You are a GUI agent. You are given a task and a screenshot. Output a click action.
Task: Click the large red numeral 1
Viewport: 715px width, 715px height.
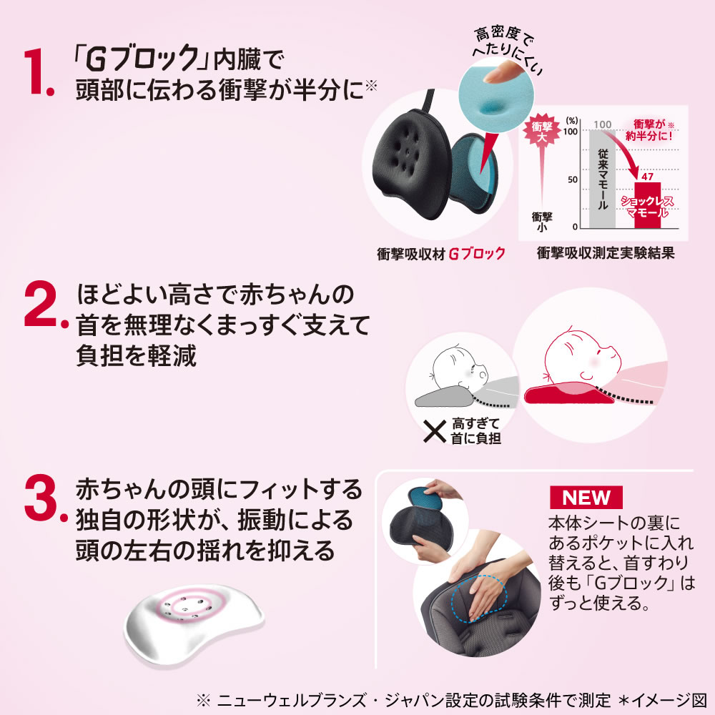(x=36, y=72)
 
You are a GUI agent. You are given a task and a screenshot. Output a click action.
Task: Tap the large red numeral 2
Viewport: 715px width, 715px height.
(x=42, y=304)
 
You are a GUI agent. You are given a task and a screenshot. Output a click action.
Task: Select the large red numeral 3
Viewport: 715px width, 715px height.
(x=42, y=498)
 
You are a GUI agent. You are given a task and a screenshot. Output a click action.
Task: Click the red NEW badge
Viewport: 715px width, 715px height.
(x=586, y=498)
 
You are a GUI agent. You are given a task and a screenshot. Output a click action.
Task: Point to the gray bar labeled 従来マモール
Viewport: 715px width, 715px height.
(x=602, y=179)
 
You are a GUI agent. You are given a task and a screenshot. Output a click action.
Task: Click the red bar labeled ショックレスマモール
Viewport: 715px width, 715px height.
(x=648, y=205)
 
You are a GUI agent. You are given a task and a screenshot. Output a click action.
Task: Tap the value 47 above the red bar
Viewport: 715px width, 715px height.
(x=648, y=177)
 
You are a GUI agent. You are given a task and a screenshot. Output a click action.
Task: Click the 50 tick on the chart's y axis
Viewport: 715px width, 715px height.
(x=572, y=179)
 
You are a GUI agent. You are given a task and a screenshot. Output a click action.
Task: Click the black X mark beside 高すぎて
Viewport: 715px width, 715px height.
(x=435, y=431)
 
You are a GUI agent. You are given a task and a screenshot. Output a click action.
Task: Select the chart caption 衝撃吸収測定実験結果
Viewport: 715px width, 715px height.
(x=605, y=253)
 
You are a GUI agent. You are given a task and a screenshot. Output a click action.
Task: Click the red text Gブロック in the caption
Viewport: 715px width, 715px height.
(x=477, y=254)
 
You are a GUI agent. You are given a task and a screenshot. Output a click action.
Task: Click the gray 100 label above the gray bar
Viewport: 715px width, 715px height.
(x=602, y=124)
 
